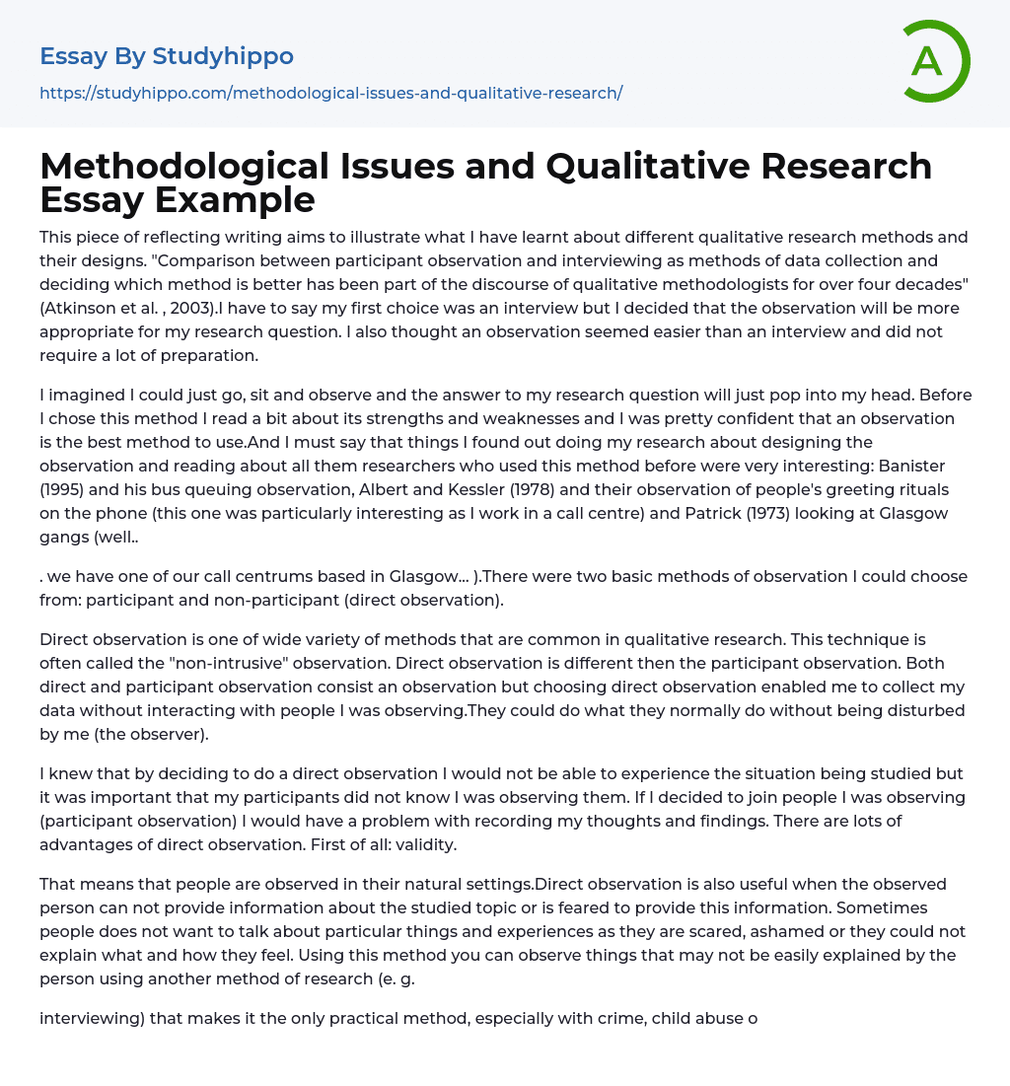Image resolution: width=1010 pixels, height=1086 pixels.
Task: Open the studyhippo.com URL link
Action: [x=330, y=93]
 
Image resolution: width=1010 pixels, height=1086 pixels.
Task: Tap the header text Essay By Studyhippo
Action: [x=167, y=56]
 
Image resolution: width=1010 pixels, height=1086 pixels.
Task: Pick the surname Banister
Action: [x=936, y=466]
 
